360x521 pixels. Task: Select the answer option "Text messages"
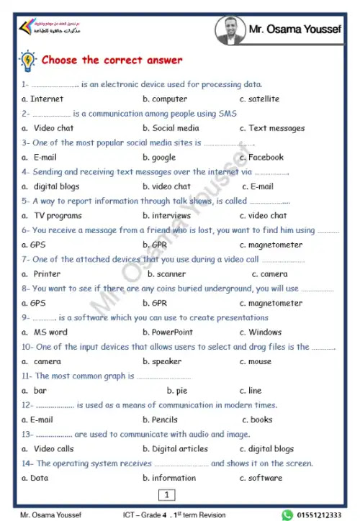click(x=276, y=128)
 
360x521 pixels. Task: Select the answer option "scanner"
click(x=171, y=274)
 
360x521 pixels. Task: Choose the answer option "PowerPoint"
click(x=172, y=332)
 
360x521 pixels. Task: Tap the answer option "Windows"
click(x=265, y=332)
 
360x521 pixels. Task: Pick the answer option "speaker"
click(x=166, y=362)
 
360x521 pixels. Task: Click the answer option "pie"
click(x=181, y=391)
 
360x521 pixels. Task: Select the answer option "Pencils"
click(x=164, y=420)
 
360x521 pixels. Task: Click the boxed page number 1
click(x=166, y=494)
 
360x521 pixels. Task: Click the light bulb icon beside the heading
click(x=28, y=60)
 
